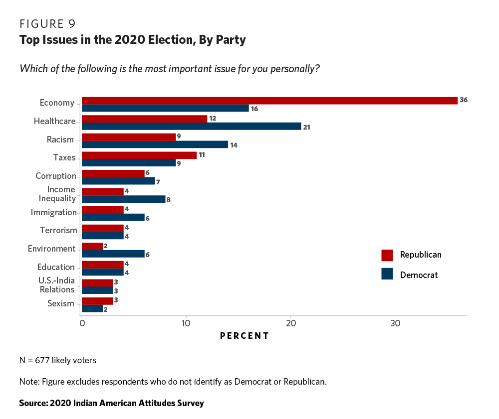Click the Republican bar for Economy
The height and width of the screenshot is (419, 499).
click(x=269, y=100)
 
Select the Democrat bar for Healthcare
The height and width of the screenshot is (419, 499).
click(x=191, y=126)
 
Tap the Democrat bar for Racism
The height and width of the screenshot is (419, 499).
click(x=155, y=144)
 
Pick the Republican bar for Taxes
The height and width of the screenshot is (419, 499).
click(x=139, y=155)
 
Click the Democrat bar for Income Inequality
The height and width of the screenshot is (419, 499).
click(x=123, y=199)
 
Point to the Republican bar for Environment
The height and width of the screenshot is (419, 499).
click(x=92, y=246)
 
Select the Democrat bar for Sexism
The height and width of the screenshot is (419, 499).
click(x=92, y=309)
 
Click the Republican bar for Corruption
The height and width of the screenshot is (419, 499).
click(x=113, y=173)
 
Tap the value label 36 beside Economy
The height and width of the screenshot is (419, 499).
click(x=464, y=100)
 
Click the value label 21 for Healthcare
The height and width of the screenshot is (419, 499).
click(x=306, y=127)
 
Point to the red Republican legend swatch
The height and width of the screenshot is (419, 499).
click(x=387, y=255)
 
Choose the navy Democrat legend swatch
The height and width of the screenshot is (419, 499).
click(x=387, y=274)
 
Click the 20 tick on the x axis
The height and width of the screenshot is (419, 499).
click(x=290, y=323)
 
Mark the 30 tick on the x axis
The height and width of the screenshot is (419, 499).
click(x=395, y=323)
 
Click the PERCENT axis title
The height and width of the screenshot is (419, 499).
click(x=245, y=336)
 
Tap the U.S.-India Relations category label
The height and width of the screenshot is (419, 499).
click(x=57, y=285)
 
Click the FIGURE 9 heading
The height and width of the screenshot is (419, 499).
click(x=47, y=24)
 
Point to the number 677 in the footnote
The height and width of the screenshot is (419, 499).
click(x=42, y=360)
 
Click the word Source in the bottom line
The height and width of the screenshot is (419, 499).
click(x=32, y=403)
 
